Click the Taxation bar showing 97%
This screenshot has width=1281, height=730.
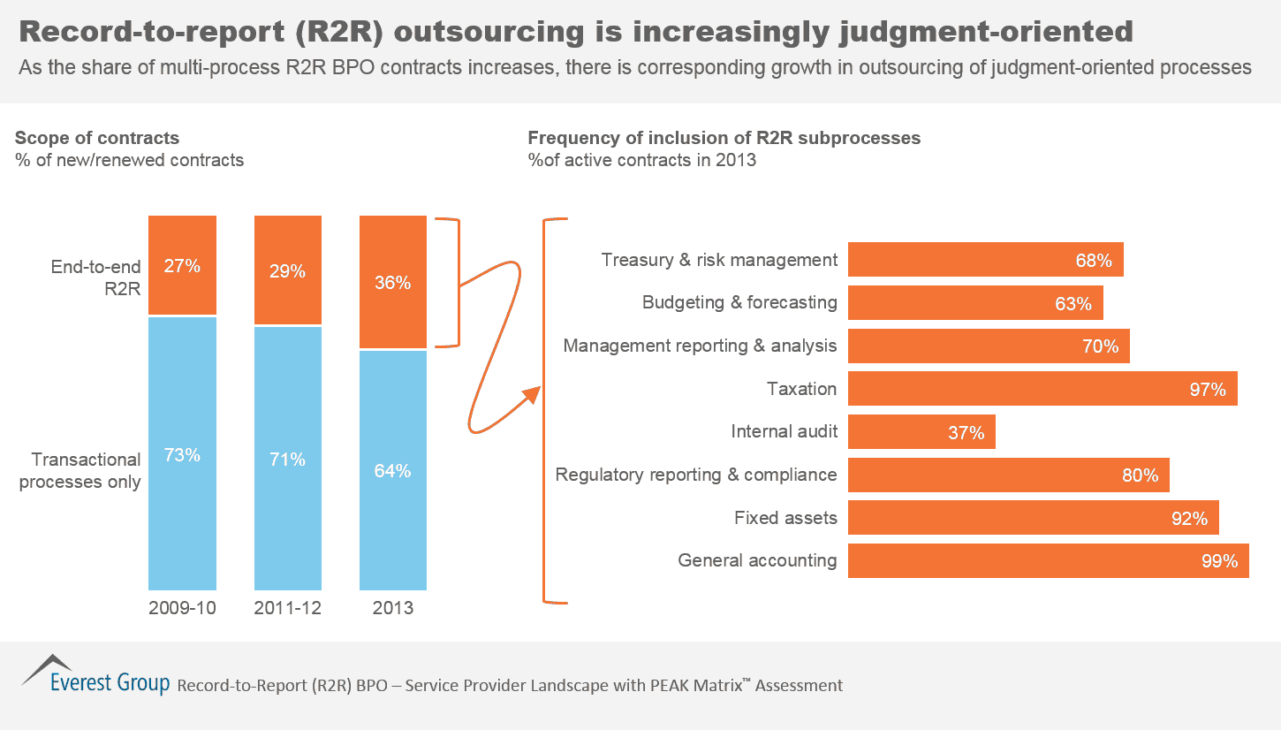[1042, 389]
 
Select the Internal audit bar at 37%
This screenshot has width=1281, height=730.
[921, 432]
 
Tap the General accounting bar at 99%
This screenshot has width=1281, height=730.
[1048, 560]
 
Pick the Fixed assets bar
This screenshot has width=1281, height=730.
[1033, 518]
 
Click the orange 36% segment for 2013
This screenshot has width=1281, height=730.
[393, 283]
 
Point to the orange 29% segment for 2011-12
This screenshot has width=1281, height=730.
[288, 270]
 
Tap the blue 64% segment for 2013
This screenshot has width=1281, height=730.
[393, 470]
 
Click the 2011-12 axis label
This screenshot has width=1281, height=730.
[288, 608]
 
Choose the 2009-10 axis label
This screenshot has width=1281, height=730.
[182, 608]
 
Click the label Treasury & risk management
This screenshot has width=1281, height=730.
[718, 260]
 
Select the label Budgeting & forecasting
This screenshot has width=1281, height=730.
[739, 302]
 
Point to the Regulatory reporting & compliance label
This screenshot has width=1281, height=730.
[695, 475]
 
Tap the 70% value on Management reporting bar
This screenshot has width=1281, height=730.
[1100, 346]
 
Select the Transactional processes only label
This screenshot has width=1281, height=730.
[80, 470]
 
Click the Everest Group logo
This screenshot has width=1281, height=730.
[95, 677]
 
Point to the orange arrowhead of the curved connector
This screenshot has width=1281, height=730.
[533, 395]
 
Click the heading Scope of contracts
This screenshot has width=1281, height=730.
[97, 138]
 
